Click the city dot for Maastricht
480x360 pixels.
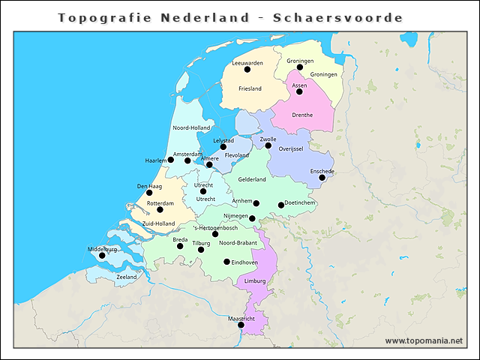[241, 325]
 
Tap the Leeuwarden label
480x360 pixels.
[247, 63]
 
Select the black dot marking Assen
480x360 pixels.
[299, 91]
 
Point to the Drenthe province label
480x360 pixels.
[302, 115]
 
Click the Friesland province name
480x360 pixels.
[250, 88]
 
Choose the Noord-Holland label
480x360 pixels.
[191, 127]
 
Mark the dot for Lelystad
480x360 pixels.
[223, 147]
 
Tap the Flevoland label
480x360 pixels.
[236, 155]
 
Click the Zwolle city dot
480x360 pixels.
[268, 145]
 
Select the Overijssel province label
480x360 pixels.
[290, 149]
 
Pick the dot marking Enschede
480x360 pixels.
[322, 178]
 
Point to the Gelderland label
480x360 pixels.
[252, 179]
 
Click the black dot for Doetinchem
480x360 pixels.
[281, 205]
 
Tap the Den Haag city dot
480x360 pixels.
[149, 193]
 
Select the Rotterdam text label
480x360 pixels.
[160, 203]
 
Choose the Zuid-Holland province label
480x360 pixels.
[158, 223]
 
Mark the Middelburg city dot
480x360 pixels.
[103, 255]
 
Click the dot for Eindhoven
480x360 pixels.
[227, 262]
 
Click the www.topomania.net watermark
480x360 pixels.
[424, 341]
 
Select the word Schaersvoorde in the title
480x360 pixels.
[341, 17]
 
